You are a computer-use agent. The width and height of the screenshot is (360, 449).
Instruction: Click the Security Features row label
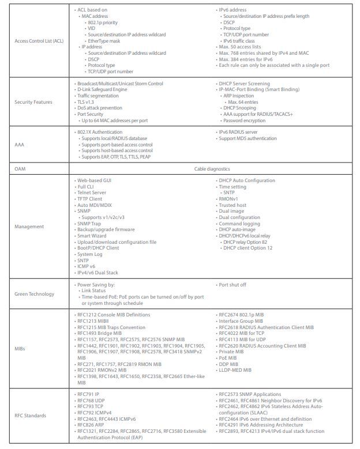click(33, 102)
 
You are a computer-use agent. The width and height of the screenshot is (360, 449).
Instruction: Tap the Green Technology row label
click(34, 294)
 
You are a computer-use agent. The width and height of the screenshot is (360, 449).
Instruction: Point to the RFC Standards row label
click(30, 415)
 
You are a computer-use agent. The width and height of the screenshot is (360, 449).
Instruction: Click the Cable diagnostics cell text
click(212, 169)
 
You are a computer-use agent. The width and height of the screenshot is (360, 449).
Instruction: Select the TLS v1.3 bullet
click(88, 102)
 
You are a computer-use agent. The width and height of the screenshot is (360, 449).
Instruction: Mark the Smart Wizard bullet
click(92, 236)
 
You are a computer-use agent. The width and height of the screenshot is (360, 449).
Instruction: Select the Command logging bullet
click(239, 224)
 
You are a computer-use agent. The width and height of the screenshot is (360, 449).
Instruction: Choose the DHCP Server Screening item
click(244, 84)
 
